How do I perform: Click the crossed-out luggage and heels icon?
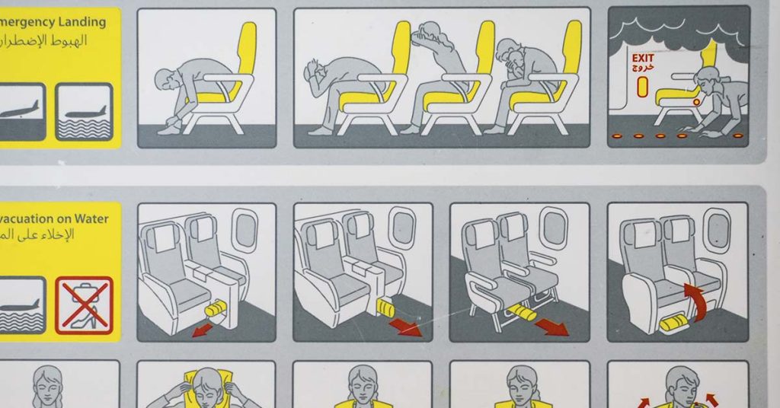(x=84, y=305)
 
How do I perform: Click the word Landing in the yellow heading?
(x=79, y=21)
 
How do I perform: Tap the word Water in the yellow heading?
(x=91, y=218)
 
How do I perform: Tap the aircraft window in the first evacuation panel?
(x=244, y=230)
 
